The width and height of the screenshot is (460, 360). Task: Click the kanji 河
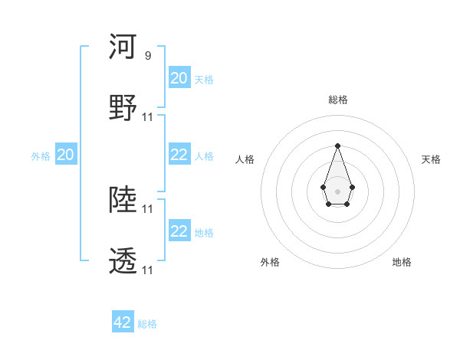(123, 47)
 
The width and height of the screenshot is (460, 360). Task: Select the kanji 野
(123, 108)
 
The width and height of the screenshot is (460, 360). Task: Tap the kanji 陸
(123, 201)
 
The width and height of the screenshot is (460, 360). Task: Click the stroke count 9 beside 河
(147, 55)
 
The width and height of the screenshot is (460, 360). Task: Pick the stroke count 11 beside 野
(148, 116)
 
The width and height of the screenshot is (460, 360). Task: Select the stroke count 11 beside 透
(148, 270)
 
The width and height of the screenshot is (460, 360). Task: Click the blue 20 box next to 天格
(179, 78)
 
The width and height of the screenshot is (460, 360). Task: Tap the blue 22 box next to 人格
(179, 155)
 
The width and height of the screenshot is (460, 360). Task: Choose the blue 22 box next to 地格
(179, 231)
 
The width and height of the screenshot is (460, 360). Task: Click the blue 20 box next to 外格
(66, 155)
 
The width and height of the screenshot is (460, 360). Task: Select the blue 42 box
(123, 322)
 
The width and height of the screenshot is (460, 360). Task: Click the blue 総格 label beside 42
(147, 324)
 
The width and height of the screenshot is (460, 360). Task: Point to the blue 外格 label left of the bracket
(41, 156)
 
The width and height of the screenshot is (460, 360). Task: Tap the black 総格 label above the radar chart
(337, 100)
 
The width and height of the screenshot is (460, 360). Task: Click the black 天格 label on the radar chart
(431, 159)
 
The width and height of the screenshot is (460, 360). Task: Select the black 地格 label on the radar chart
(402, 262)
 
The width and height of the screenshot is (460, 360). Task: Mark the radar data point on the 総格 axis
(337, 146)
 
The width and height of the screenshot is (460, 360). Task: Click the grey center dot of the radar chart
(337, 190)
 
